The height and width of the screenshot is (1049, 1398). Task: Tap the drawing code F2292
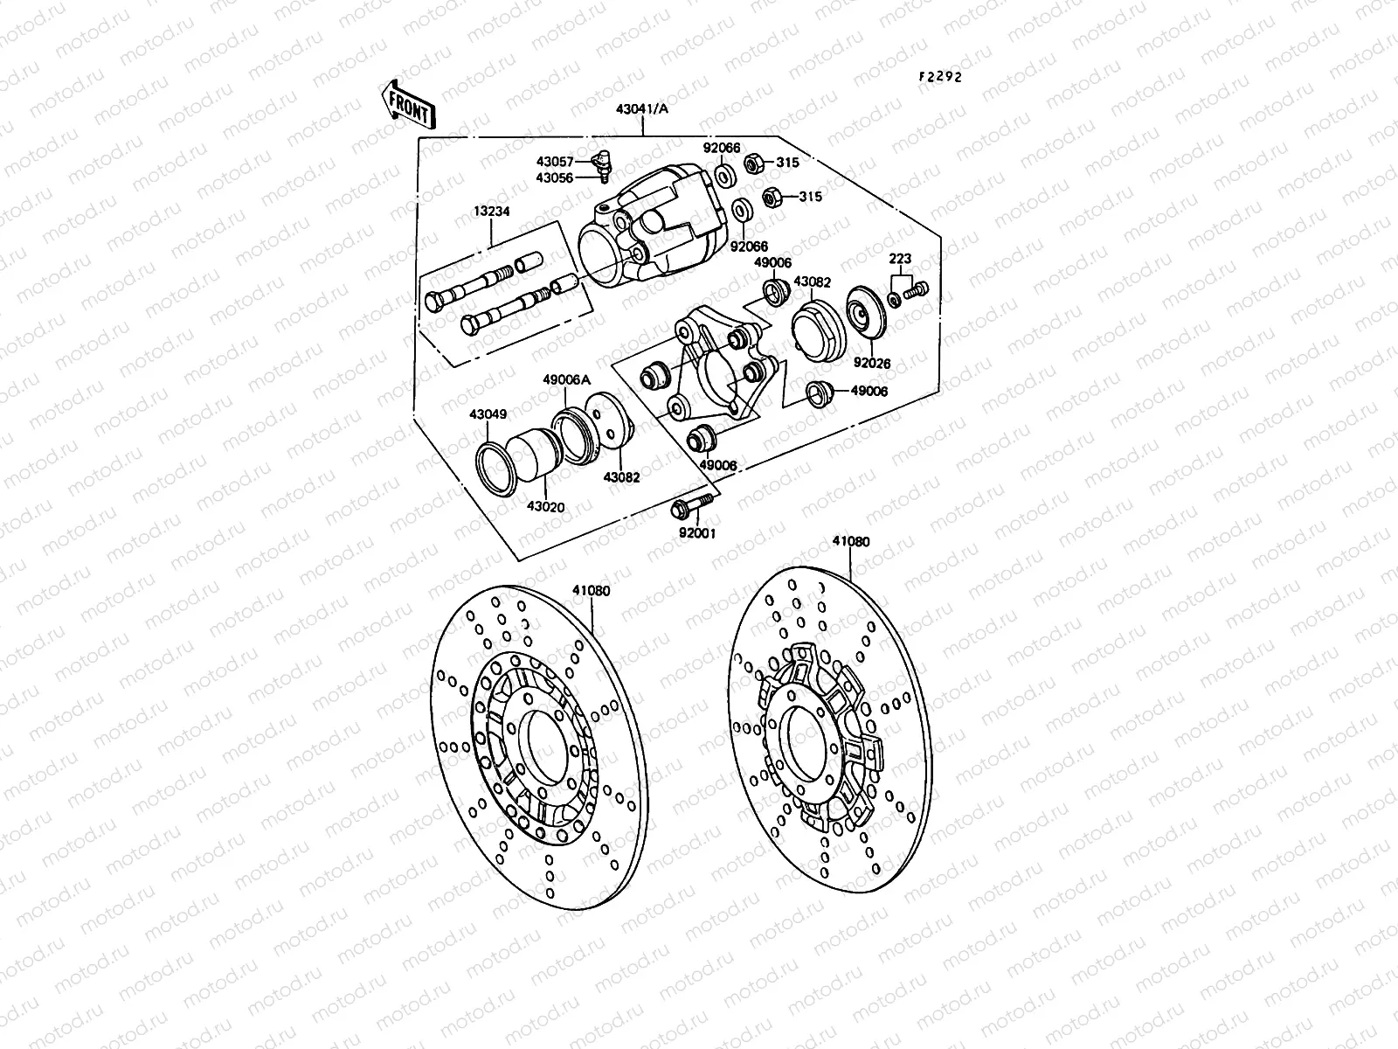point(939,76)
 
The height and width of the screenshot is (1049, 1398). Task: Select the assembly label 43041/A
point(642,109)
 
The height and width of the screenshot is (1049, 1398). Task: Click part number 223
point(900,259)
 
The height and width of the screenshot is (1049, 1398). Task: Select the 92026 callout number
point(872,362)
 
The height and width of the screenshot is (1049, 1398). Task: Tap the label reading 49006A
point(567,379)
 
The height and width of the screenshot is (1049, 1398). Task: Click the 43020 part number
point(544,507)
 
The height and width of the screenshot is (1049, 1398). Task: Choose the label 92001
point(696,532)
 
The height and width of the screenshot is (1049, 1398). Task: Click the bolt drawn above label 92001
point(688,506)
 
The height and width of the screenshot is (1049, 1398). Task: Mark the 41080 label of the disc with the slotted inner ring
point(592,591)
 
